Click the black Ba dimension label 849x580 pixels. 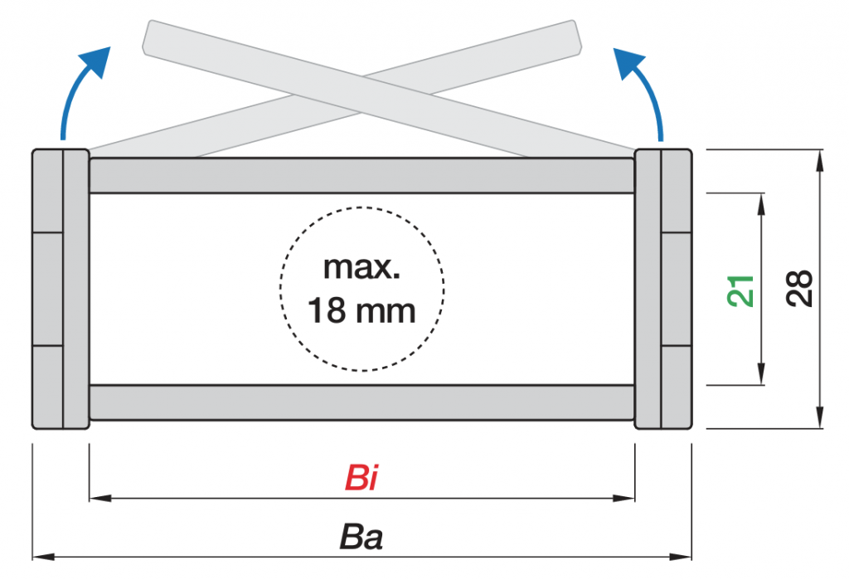tap(361, 538)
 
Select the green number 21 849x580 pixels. tap(743, 290)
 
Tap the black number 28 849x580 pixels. tap(799, 290)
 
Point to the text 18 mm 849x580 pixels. tap(361, 311)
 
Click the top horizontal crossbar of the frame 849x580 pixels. tap(361, 175)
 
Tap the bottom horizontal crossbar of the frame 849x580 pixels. tap(361, 402)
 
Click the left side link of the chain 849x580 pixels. tap(61, 289)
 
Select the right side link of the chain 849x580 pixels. tap(663, 289)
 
